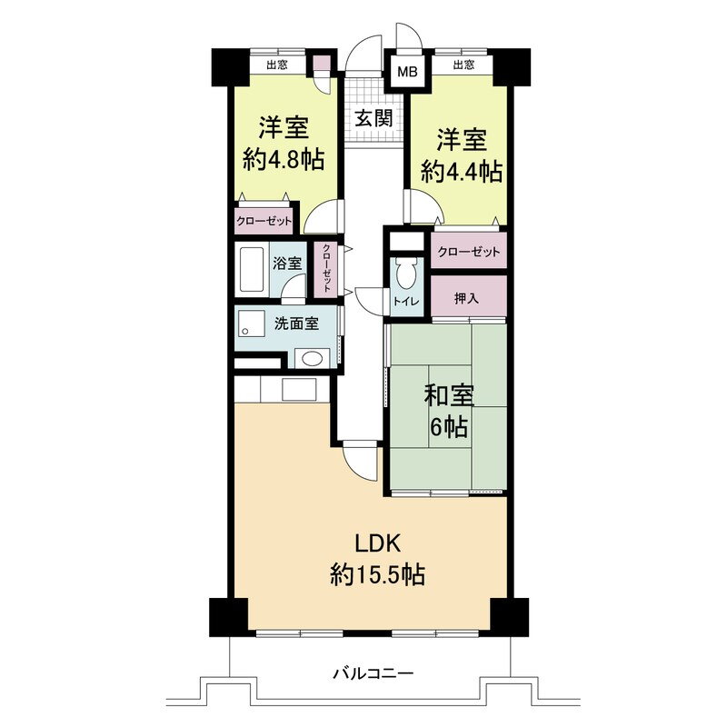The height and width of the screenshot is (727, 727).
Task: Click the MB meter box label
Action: click(x=408, y=72)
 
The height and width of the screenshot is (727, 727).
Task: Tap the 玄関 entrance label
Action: click(x=373, y=118)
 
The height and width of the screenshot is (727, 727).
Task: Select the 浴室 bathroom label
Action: click(x=287, y=264)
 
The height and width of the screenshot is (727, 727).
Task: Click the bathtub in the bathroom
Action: click(x=251, y=269)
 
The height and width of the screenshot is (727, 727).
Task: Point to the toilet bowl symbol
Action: click(x=406, y=273)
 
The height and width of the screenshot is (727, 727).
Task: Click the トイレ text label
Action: click(x=406, y=302)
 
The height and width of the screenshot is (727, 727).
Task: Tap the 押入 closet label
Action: click(x=466, y=298)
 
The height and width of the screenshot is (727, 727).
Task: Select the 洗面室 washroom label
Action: click(x=296, y=324)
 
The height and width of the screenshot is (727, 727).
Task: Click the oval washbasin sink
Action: click(x=311, y=358)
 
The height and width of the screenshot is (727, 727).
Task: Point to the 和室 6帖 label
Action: click(x=448, y=411)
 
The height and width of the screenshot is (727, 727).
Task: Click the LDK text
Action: click(x=377, y=543)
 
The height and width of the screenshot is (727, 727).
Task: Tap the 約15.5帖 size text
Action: click(x=377, y=575)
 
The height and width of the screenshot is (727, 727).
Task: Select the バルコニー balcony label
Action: click(x=373, y=672)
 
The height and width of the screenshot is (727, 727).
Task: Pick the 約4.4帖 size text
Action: click(x=462, y=172)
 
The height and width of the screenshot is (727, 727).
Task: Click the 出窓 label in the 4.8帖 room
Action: click(x=277, y=65)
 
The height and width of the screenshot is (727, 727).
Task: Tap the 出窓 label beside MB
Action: click(x=463, y=64)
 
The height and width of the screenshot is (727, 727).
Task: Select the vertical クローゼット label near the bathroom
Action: click(x=326, y=268)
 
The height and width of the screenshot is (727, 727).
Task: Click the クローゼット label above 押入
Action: click(x=469, y=252)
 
